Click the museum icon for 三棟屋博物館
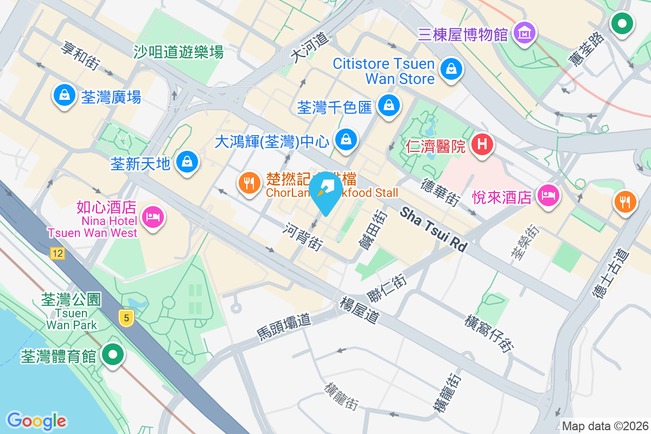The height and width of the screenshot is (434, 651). pos(525,33)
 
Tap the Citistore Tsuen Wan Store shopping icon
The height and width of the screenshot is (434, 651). pos(451,69)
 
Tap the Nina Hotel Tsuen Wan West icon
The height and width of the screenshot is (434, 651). pos(152,218)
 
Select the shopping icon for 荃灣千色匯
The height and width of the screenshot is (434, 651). pos(388,105)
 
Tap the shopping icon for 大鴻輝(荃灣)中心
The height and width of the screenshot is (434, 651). pos(346,140)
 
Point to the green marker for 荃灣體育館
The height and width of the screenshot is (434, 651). pos(113,355)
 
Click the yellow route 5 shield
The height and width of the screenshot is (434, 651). pos(126,318)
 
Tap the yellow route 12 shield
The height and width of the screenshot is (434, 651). pos(57,253)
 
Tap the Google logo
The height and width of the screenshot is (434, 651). pos(36,420)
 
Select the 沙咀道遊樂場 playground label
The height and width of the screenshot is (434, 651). pos(178,52)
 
